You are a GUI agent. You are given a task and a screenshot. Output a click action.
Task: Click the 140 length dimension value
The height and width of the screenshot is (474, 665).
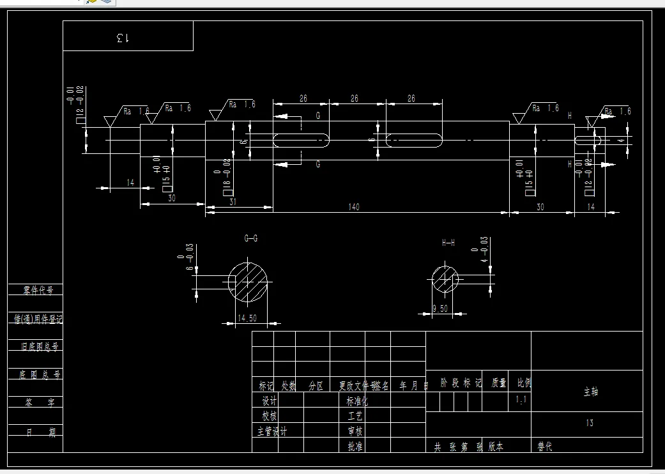coord(354,207)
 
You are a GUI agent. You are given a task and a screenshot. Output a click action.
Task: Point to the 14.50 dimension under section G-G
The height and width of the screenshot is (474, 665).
coord(247,318)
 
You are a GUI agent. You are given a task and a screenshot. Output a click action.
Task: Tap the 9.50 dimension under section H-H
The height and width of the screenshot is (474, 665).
coord(440,309)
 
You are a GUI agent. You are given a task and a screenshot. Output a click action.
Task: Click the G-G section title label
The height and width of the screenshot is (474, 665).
coord(251,238)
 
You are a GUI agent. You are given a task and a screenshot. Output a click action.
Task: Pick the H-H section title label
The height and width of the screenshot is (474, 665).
coord(448,243)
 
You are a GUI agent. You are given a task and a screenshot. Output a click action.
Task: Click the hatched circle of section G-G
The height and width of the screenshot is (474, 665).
coord(249,281)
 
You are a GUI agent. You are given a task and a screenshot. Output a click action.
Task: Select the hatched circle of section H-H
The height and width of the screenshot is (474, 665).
coord(445,279)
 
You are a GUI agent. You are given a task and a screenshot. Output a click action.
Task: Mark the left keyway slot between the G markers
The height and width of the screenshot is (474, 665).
coord(302,140)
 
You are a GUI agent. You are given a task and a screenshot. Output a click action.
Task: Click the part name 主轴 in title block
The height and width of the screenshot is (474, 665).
coord(591,392)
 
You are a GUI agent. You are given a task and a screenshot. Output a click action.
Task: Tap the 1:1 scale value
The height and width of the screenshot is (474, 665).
coord(521,401)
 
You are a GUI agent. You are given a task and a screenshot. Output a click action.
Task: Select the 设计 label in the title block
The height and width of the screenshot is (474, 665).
coord(270,401)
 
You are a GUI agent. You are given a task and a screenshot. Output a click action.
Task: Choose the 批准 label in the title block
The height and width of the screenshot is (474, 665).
coord(355,446)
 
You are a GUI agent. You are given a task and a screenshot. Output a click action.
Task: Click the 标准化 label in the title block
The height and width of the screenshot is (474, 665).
coord(357,401)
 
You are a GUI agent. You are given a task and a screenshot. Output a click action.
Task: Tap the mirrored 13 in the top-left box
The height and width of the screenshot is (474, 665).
coord(123,38)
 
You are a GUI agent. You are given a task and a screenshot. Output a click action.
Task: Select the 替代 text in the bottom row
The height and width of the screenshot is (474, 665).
coord(545,447)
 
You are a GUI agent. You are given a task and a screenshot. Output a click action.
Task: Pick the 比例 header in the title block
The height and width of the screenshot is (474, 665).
coord(524,383)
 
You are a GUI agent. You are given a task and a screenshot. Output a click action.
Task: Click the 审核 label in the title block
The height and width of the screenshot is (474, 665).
coord(355,431)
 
